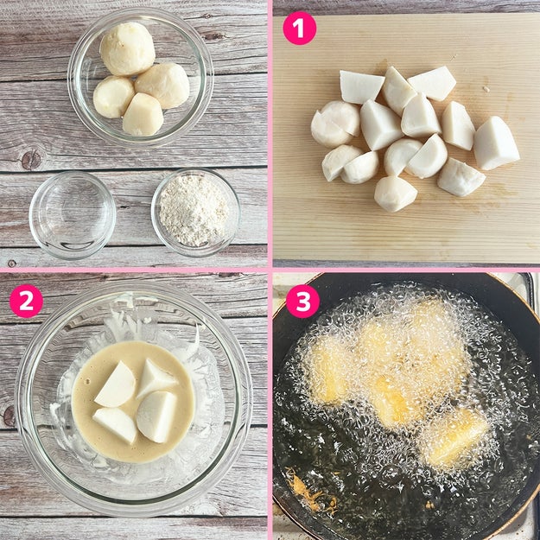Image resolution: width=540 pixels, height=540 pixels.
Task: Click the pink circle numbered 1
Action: (x=299, y=28)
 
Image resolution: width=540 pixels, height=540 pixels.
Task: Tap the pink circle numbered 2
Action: (x=26, y=301)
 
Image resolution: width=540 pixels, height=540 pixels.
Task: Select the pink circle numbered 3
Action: (x=303, y=301)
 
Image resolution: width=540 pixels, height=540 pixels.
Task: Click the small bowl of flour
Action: (x=195, y=213)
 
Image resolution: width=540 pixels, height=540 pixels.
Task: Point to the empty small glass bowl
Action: (x=73, y=214)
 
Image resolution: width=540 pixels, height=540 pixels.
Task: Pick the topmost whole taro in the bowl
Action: (x=127, y=48)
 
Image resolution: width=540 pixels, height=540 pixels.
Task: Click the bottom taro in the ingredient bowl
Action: (x=143, y=114)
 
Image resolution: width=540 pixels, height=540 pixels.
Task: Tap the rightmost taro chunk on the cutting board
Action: (x=496, y=143)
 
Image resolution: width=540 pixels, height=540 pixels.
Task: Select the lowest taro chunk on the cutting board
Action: (x=396, y=194)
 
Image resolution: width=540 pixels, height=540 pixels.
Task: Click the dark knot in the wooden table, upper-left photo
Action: (x=31, y=160)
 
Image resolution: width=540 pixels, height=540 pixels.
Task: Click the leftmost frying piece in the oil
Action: (x=329, y=370)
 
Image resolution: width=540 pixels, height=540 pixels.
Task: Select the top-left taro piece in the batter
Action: (x=116, y=384)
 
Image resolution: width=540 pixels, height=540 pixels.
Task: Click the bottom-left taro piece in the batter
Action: (x=115, y=425)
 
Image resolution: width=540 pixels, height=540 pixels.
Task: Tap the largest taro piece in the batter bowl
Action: (x=156, y=416)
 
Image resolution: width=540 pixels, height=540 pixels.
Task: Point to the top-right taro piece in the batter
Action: (x=156, y=378)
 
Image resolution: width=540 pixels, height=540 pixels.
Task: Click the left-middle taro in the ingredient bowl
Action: (x=113, y=97)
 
